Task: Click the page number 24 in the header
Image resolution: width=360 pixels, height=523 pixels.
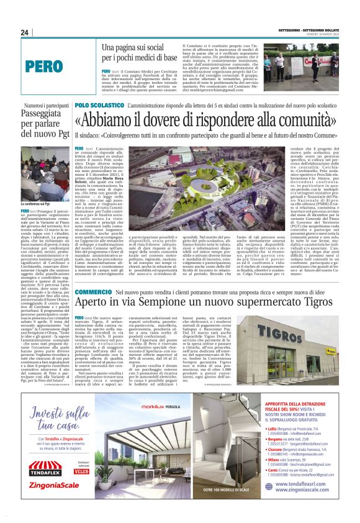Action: pyautogui.click(x=25, y=33)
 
